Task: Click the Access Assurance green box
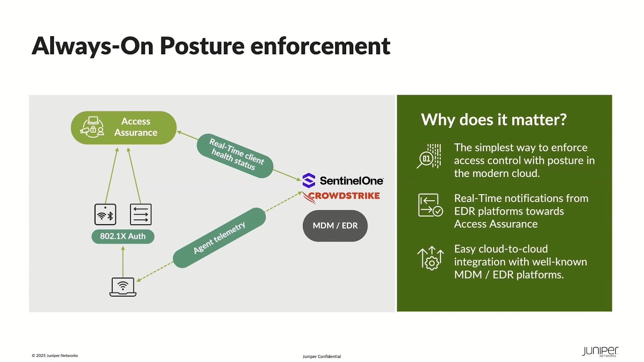(124, 128)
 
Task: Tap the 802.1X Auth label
(123, 236)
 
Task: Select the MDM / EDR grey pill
(335, 226)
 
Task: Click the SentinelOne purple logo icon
(309, 180)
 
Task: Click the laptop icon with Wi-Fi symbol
(123, 287)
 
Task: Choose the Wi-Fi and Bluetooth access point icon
(105, 215)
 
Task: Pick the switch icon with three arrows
(140, 215)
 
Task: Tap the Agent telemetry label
(219, 238)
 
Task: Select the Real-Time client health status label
(235, 156)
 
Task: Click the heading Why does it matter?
(494, 120)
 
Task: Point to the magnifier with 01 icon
(429, 156)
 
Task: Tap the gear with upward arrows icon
(430, 258)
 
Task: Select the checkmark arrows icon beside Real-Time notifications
(430, 205)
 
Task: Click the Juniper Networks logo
(600, 351)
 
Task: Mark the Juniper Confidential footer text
(321, 356)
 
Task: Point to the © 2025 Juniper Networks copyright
(55, 355)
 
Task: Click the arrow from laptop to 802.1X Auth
(123, 262)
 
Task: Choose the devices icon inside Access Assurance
(92, 127)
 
